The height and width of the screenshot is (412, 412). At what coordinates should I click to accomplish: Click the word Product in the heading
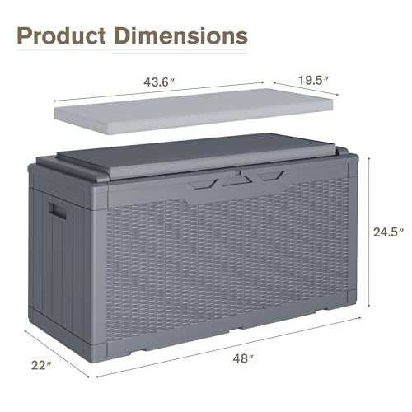click(62, 36)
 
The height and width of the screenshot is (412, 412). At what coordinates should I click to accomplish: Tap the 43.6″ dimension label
click(159, 82)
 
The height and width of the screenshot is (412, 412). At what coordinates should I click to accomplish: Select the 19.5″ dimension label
click(313, 80)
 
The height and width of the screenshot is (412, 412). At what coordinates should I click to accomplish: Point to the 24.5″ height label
click(388, 232)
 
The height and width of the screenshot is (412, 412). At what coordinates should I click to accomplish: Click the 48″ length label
click(243, 358)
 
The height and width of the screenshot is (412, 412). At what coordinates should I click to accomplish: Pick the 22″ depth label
click(41, 365)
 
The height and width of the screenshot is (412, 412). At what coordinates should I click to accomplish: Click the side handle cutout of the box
click(57, 211)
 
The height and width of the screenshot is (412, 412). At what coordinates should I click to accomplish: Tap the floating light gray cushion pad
click(194, 111)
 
